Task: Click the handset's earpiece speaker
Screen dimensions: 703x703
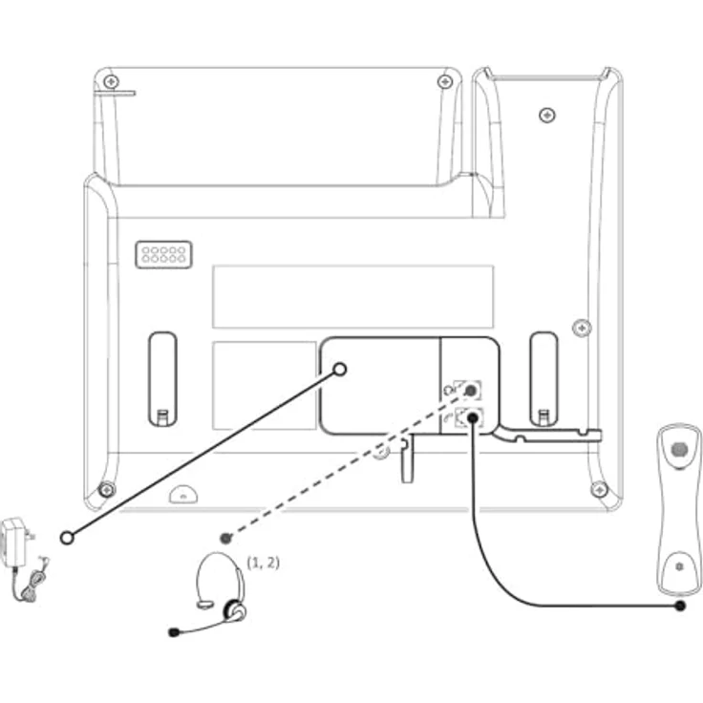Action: (x=680, y=449)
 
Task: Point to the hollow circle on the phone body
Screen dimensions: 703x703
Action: (x=340, y=369)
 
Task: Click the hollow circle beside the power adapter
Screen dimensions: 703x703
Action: (x=67, y=538)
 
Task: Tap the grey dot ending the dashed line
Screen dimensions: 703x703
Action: (x=226, y=538)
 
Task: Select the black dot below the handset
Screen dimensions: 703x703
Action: (x=680, y=607)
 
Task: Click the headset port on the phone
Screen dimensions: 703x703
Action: (x=468, y=390)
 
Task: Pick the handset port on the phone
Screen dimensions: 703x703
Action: (x=469, y=417)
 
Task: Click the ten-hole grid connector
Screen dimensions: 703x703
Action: (x=163, y=255)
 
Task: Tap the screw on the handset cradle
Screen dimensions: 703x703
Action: (x=546, y=116)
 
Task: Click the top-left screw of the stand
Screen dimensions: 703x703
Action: (x=111, y=81)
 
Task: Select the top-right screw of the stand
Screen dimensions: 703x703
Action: (x=445, y=81)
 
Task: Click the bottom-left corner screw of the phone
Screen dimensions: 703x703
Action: (x=107, y=490)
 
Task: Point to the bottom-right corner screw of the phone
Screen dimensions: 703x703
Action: (x=600, y=490)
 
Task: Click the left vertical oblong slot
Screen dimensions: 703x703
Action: (x=162, y=379)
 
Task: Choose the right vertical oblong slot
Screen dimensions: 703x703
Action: (x=543, y=379)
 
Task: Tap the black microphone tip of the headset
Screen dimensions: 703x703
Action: (x=174, y=632)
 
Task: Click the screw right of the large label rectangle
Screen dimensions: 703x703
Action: (x=582, y=328)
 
